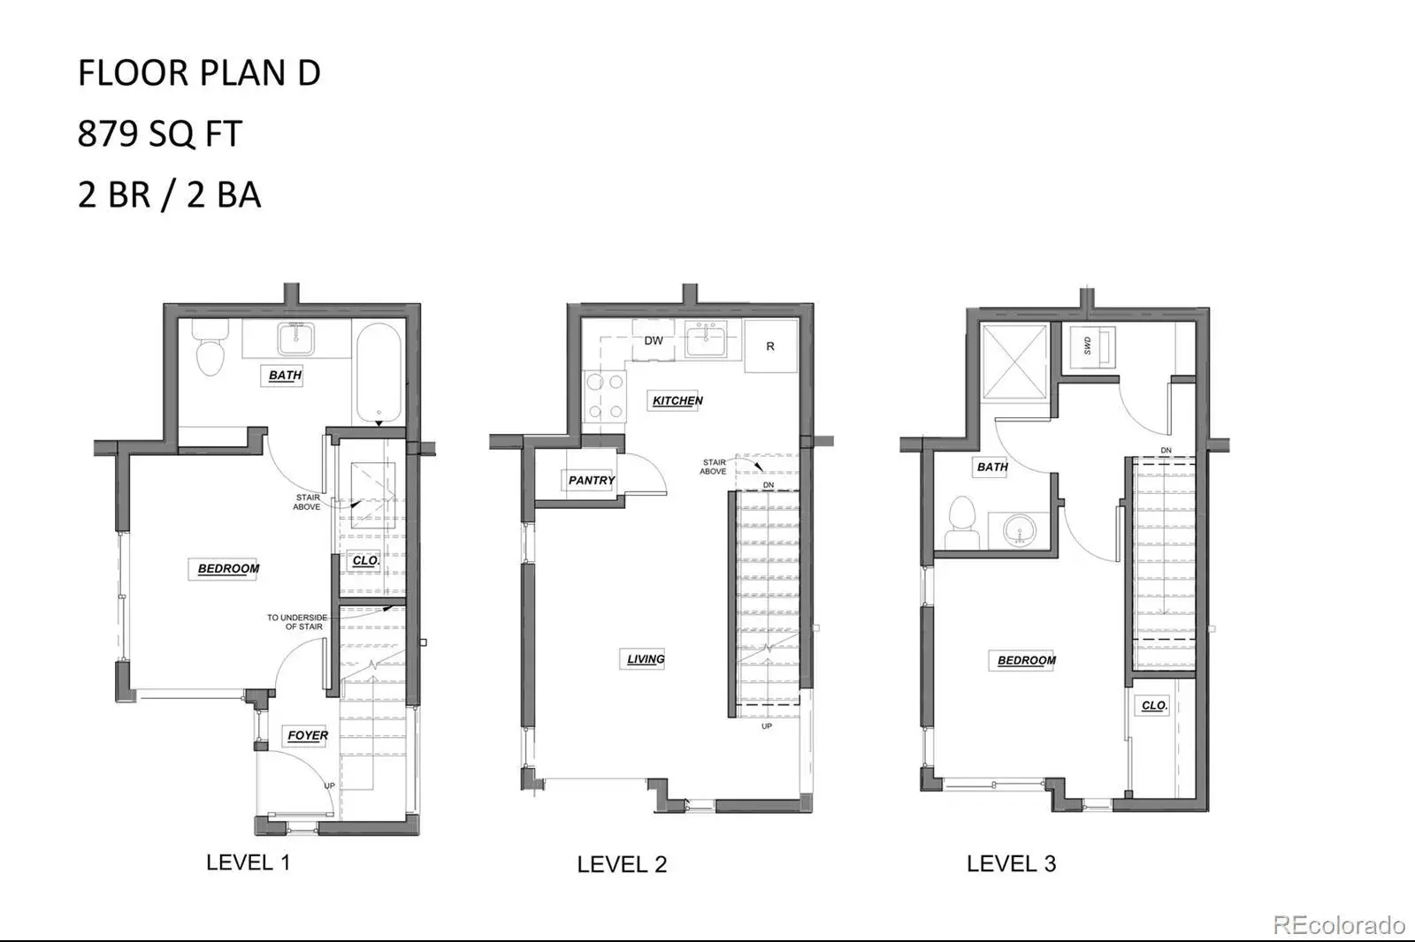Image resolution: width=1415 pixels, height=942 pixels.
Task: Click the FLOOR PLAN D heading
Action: tap(199, 72)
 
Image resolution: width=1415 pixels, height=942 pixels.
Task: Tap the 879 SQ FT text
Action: tap(160, 133)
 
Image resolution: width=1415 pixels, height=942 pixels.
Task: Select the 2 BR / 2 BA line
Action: tap(169, 194)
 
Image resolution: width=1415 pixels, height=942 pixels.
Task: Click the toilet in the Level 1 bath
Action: tap(210, 348)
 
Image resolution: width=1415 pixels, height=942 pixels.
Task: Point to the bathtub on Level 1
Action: tap(379, 373)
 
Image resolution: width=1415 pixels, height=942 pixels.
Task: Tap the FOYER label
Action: tap(308, 735)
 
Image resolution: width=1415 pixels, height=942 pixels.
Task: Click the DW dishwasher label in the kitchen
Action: tap(654, 341)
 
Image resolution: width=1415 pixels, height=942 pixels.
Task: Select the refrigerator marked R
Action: tap(770, 346)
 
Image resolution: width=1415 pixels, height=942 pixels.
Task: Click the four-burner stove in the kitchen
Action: tap(605, 397)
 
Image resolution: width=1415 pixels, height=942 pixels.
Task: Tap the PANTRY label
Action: tap(592, 481)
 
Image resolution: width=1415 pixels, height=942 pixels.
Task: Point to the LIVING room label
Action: tap(646, 659)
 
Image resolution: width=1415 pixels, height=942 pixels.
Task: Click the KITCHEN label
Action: tap(677, 401)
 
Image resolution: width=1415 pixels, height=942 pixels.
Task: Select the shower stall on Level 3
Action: tap(1014, 362)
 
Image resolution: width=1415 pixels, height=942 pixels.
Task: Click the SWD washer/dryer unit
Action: tap(1092, 346)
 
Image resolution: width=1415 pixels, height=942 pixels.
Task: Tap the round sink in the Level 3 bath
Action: tap(1019, 529)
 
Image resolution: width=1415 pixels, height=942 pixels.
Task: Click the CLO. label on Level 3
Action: tap(1154, 705)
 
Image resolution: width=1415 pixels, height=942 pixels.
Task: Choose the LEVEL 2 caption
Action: tap(622, 864)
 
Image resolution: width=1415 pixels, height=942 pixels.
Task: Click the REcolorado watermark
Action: tap(1339, 925)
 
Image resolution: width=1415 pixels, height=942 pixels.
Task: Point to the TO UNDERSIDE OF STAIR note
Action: tap(297, 622)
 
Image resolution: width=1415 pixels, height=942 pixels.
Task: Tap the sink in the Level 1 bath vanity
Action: tap(295, 338)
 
